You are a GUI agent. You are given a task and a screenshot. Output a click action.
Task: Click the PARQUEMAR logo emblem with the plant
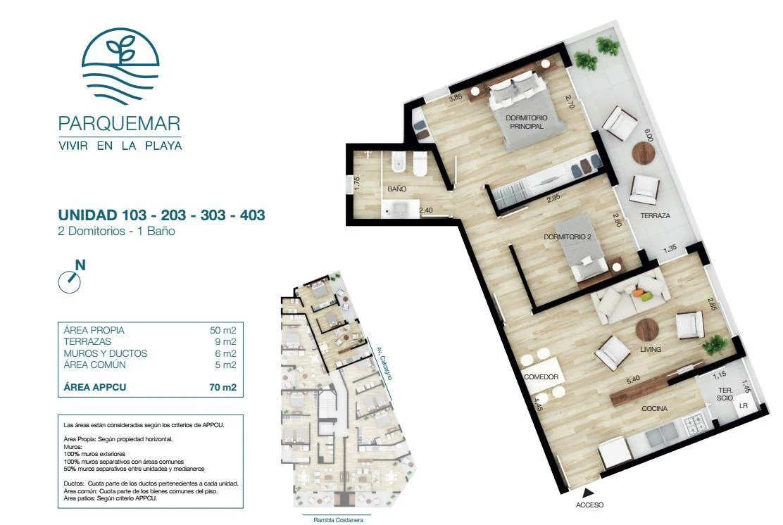click(120, 66)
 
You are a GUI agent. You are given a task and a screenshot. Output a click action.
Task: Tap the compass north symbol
click(71, 277)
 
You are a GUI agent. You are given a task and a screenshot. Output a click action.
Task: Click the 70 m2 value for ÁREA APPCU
click(223, 387)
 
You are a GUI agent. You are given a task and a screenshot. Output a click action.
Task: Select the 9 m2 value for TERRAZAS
click(226, 342)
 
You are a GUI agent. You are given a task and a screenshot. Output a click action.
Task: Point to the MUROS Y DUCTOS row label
click(106, 353)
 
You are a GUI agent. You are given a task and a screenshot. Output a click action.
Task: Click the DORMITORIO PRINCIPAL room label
click(526, 122)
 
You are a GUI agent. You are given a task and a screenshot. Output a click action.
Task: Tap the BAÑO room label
click(397, 189)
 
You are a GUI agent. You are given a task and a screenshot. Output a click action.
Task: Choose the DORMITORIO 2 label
click(568, 236)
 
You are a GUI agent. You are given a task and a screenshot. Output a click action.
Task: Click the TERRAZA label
click(655, 215)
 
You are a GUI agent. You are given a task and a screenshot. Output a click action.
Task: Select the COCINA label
click(654, 408)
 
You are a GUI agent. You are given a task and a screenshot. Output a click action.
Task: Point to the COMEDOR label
click(541, 377)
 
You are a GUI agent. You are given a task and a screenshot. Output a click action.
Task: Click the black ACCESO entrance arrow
click(589, 491)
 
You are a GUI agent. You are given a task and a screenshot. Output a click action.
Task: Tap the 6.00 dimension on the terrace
click(649, 135)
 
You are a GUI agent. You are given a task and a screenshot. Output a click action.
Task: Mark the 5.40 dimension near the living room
click(633, 379)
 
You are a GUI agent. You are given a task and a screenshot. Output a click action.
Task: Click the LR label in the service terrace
click(744, 406)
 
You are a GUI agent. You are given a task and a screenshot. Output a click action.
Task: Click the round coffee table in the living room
click(647, 329)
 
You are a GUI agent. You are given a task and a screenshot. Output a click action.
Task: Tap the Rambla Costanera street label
click(338, 520)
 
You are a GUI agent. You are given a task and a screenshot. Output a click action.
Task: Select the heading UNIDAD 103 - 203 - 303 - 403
click(162, 215)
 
